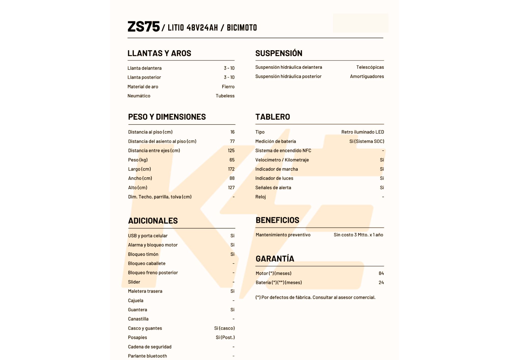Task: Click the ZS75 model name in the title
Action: tap(144, 26)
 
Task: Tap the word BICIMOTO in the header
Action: tap(242, 27)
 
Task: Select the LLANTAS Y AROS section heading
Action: tap(159, 53)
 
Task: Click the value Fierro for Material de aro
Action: tap(228, 87)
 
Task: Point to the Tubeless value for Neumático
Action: tap(225, 96)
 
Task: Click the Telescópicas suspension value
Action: tap(370, 67)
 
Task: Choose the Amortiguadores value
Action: tap(367, 76)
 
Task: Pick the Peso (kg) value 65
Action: tap(232, 160)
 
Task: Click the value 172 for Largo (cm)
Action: tap(231, 169)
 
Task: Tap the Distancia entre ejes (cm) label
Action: tap(154, 150)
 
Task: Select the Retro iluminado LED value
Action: tap(362, 132)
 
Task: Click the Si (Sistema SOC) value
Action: tap(366, 141)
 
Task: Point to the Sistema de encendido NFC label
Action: tap(283, 150)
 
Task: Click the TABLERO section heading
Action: tap(273, 117)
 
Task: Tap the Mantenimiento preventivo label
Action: tap(283, 235)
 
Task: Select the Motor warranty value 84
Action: tap(381, 273)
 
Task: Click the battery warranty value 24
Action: tap(381, 282)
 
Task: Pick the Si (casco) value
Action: tap(224, 328)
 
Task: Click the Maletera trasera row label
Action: tap(145, 291)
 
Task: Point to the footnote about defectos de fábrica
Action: tap(315, 297)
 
